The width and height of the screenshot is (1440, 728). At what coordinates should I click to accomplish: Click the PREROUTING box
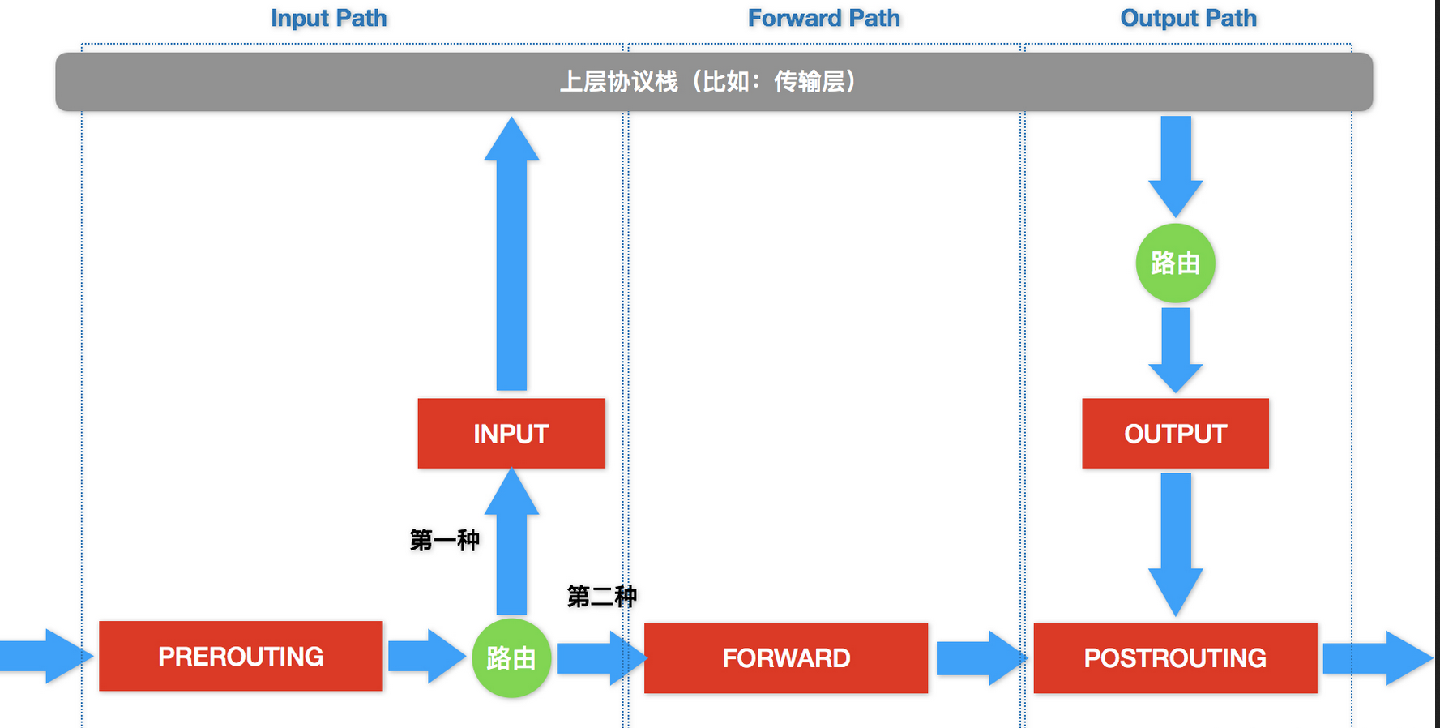pyautogui.click(x=241, y=656)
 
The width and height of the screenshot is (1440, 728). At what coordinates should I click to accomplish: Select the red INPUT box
pyautogui.click(x=511, y=433)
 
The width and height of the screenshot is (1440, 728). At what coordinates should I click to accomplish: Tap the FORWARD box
pyautogui.click(x=786, y=657)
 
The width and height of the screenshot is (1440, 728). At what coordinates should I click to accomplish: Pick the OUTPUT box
pyautogui.click(x=1175, y=433)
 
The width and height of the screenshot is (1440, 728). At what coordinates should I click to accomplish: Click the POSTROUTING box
pyautogui.click(x=1175, y=657)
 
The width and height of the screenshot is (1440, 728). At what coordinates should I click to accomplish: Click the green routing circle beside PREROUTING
pyautogui.click(x=511, y=657)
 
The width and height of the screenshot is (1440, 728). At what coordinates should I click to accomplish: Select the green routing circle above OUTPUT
pyautogui.click(x=1175, y=263)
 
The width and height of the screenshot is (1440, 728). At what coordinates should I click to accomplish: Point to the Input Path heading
pyautogui.click(x=328, y=18)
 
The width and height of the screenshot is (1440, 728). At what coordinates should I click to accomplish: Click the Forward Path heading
pyautogui.click(x=823, y=18)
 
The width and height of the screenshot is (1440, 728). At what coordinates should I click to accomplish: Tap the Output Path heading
pyautogui.click(x=1188, y=18)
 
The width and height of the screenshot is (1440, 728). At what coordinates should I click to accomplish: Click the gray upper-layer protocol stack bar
pyautogui.click(x=713, y=81)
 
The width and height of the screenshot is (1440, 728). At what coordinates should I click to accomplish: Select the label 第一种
pyautogui.click(x=444, y=540)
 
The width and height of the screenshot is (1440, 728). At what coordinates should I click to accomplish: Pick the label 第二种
pyautogui.click(x=601, y=597)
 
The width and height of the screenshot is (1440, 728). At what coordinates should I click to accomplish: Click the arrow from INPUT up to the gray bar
pyautogui.click(x=511, y=259)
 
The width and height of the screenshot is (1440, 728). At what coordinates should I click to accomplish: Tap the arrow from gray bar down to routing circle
pyautogui.click(x=1175, y=162)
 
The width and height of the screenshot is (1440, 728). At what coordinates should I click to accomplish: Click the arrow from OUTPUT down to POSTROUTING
pyautogui.click(x=1175, y=543)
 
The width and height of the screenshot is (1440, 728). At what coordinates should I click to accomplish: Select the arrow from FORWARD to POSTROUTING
pyautogui.click(x=979, y=657)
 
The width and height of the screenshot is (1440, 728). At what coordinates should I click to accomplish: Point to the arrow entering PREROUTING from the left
pyautogui.click(x=45, y=656)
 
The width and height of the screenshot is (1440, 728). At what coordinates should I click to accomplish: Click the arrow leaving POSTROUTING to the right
pyautogui.click(x=1376, y=657)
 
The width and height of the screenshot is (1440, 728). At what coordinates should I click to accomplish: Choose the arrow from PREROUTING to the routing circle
pyautogui.click(x=425, y=656)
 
